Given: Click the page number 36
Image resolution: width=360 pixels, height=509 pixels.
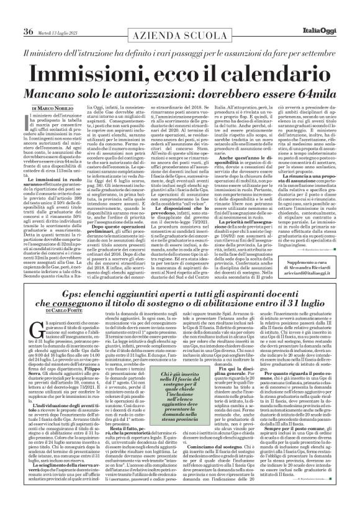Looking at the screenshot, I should pyautogui.click(x=29, y=14).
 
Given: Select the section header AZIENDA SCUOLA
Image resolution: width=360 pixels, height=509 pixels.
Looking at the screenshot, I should pyautogui.click(x=180, y=14).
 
